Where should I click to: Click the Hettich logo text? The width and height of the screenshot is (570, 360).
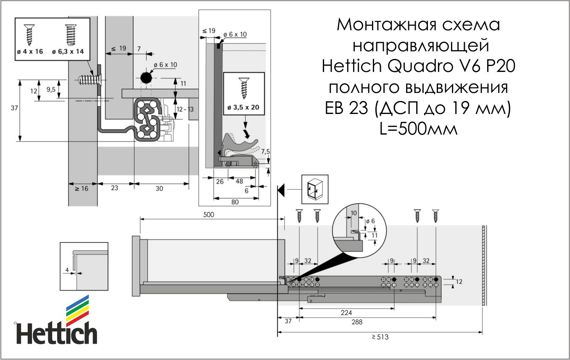(x=56, y=333)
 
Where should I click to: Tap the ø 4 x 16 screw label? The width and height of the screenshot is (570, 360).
(x=30, y=52)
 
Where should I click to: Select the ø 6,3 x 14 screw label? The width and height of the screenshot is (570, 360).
(x=68, y=52)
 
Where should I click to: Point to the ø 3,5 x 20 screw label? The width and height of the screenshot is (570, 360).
(x=243, y=107)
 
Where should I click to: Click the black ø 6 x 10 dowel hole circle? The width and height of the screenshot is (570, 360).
(x=146, y=78)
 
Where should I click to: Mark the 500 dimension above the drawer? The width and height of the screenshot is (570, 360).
(x=208, y=214)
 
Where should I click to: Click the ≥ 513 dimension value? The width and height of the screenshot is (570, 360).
(x=380, y=337)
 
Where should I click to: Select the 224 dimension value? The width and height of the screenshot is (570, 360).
(x=346, y=312)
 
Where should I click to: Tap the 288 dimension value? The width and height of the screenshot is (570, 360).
(x=357, y=322)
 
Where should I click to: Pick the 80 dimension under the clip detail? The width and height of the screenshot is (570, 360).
(x=235, y=202)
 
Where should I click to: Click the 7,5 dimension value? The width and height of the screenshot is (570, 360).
(x=265, y=152)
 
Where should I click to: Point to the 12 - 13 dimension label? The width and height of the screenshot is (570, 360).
(x=185, y=109)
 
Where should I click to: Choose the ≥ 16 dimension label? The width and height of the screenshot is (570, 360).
(x=82, y=189)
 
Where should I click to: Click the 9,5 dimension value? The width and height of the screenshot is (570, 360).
(x=51, y=90)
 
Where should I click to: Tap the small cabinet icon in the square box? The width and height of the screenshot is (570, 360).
(x=315, y=189)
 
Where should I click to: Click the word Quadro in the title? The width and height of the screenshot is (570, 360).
(x=420, y=66)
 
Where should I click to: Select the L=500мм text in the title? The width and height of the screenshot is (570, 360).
(x=418, y=129)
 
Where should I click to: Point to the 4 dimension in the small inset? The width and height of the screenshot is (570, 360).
(x=67, y=270)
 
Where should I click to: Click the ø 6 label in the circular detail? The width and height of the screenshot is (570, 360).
(x=370, y=221)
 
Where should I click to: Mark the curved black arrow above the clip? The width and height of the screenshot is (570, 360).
(x=246, y=134)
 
